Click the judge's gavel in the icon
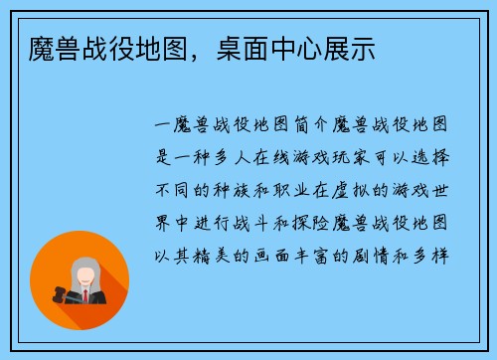[61, 293]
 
